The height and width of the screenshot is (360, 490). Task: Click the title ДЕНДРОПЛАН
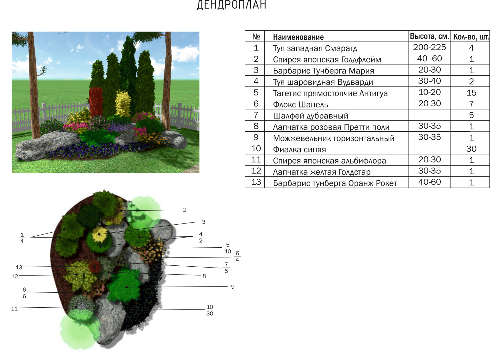(232, 5)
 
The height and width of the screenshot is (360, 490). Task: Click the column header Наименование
(298, 37)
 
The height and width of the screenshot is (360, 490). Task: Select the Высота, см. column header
(429, 36)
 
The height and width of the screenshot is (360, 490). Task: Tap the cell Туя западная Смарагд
(315, 48)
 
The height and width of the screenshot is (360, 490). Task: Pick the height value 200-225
(429, 47)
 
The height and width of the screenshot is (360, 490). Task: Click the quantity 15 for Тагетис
(471, 93)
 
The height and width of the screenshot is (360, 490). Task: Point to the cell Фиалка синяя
(299, 150)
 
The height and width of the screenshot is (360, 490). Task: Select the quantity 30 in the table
(471, 149)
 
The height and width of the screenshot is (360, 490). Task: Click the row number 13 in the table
(256, 182)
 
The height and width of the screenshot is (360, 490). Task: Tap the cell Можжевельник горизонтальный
(334, 138)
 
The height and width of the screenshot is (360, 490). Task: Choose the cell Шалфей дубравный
(311, 116)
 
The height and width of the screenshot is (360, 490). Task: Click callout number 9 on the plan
(233, 287)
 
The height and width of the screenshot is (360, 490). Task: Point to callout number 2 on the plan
(185, 210)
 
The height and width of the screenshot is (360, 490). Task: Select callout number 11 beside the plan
(14, 309)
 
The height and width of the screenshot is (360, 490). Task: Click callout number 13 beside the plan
(19, 267)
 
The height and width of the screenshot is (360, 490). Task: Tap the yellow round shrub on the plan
(100, 234)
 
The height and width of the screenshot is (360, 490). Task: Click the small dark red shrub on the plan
(95, 266)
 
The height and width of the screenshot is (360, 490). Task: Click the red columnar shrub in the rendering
(96, 101)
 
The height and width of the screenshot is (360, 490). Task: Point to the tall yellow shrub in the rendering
(123, 103)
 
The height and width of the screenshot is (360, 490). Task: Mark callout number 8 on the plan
(204, 276)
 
